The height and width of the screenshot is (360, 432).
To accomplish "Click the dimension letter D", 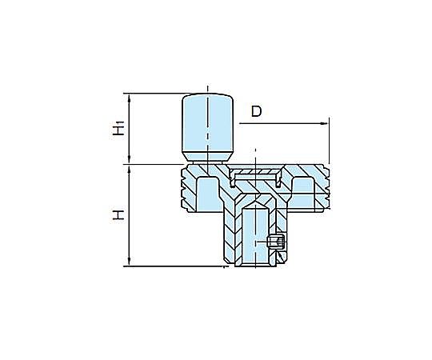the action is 256,111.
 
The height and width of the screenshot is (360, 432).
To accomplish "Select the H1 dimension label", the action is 118,128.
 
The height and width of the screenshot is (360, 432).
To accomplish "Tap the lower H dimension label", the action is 118,214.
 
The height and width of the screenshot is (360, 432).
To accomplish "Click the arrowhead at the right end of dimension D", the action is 324,123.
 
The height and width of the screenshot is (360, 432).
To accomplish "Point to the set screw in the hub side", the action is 275,242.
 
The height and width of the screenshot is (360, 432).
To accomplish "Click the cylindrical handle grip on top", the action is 208,128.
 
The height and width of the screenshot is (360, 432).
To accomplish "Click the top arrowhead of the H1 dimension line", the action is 130,98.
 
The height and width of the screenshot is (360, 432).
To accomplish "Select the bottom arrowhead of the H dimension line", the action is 130,262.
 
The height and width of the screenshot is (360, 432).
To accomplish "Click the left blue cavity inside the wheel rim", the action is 208,194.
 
